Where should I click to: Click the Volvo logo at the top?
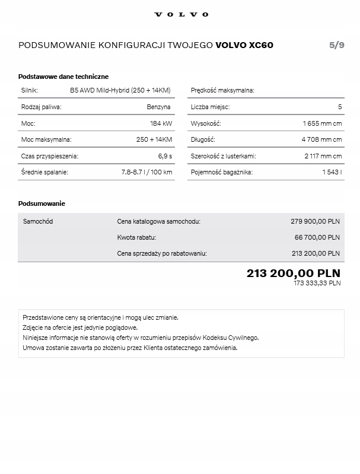pos(181,14)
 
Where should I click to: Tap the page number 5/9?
pos(336,45)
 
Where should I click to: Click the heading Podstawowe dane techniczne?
pos(63,77)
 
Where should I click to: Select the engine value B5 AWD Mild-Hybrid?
pos(120,90)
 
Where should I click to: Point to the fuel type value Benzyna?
pos(158,107)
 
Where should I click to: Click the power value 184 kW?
pos(161,123)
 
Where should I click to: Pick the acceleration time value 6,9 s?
pos(165,156)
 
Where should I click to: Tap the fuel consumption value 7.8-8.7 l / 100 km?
pos(146,172)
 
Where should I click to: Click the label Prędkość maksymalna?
pos(222,90)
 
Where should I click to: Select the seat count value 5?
pos(340,107)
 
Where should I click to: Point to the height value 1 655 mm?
pos(322,123)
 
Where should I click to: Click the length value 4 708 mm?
pos(321,139)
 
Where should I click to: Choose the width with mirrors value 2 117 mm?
pos(323,156)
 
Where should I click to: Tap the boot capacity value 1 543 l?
pos(332,172)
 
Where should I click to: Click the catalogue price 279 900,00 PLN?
pos(315,221)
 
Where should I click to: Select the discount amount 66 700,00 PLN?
pos(317,237)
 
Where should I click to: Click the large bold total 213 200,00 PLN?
pos(293,273)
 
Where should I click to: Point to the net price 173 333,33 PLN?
pos(317,284)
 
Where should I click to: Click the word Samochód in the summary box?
pos(38,221)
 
